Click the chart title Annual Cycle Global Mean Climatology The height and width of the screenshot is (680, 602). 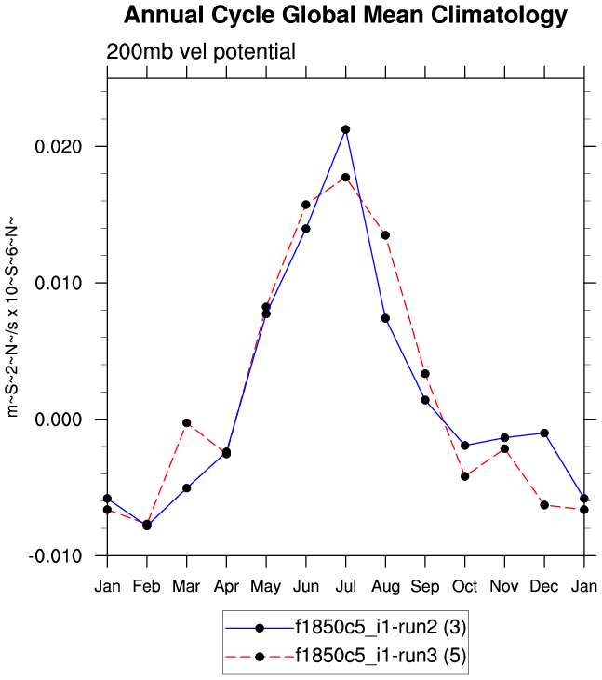tap(345, 16)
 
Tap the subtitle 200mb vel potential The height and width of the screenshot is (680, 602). tap(201, 52)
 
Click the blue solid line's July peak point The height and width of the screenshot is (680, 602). tap(345, 129)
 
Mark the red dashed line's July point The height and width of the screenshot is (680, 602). tap(345, 177)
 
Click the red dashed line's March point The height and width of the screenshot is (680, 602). tap(187, 422)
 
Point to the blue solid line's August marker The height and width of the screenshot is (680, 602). tap(385, 318)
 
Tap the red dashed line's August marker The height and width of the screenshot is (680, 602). tap(385, 234)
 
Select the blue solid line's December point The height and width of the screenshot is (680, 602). tap(543, 433)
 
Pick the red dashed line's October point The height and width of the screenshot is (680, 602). tap(464, 476)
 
